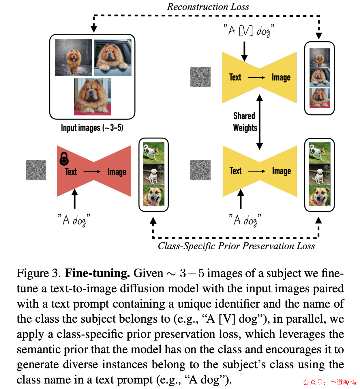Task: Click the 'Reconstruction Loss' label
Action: pos(208,7)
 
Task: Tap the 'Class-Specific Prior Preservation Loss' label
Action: pos(236,246)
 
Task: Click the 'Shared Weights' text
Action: pos(245,122)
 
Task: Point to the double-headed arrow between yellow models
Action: pos(259,122)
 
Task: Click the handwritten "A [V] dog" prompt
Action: pos(249,31)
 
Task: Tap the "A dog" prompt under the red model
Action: pos(74,220)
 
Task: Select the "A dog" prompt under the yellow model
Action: pos(245,220)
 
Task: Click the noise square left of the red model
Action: pos(36,170)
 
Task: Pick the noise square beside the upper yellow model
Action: pos(200,77)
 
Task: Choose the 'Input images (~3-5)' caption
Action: pos(92,128)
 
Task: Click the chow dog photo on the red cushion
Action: pos(93,97)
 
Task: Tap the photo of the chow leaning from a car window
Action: pos(113,57)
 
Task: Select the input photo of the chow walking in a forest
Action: pos(73,57)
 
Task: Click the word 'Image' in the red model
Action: pos(117,172)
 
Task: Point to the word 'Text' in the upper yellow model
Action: pos(235,77)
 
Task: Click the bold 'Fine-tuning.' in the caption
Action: pos(97,273)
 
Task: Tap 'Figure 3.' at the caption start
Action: pos(39,273)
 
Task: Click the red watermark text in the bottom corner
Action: pos(329,382)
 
